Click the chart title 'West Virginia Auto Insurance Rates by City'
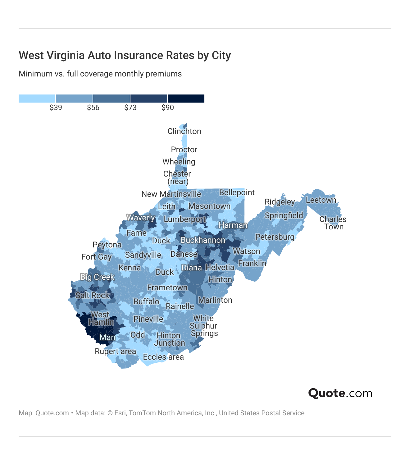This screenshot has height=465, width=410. click(x=125, y=55)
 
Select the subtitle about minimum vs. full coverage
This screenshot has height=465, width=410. click(x=100, y=74)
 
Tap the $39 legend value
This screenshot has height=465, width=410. click(x=56, y=108)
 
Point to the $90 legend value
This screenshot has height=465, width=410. click(x=168, y=108)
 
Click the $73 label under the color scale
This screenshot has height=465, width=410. click(x=130, y=108)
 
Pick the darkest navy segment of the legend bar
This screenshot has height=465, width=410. click(x=186, y=99)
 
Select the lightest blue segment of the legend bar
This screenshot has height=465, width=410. click(x=37, y=99)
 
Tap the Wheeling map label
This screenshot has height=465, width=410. click(x=179, y=162)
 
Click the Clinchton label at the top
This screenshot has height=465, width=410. click(x=184, y=131)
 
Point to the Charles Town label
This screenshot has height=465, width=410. click(x=333, y=223)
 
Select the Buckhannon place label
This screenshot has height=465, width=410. click(x=203, y=240)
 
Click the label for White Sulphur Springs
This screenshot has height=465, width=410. click(x=204, y=326)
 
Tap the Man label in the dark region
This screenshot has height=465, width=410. click(x=107, y=337)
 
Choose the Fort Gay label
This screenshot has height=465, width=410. click(x=96, y=257)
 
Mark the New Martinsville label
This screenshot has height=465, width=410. click(x=171, y=194)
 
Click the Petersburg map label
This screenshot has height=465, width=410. click(x=275, y=237)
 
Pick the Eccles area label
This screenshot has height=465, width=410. click(x=163, y=357)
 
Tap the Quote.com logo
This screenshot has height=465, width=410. click(x=340, y=393)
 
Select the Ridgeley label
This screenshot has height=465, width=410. click(x=280, y=202)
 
